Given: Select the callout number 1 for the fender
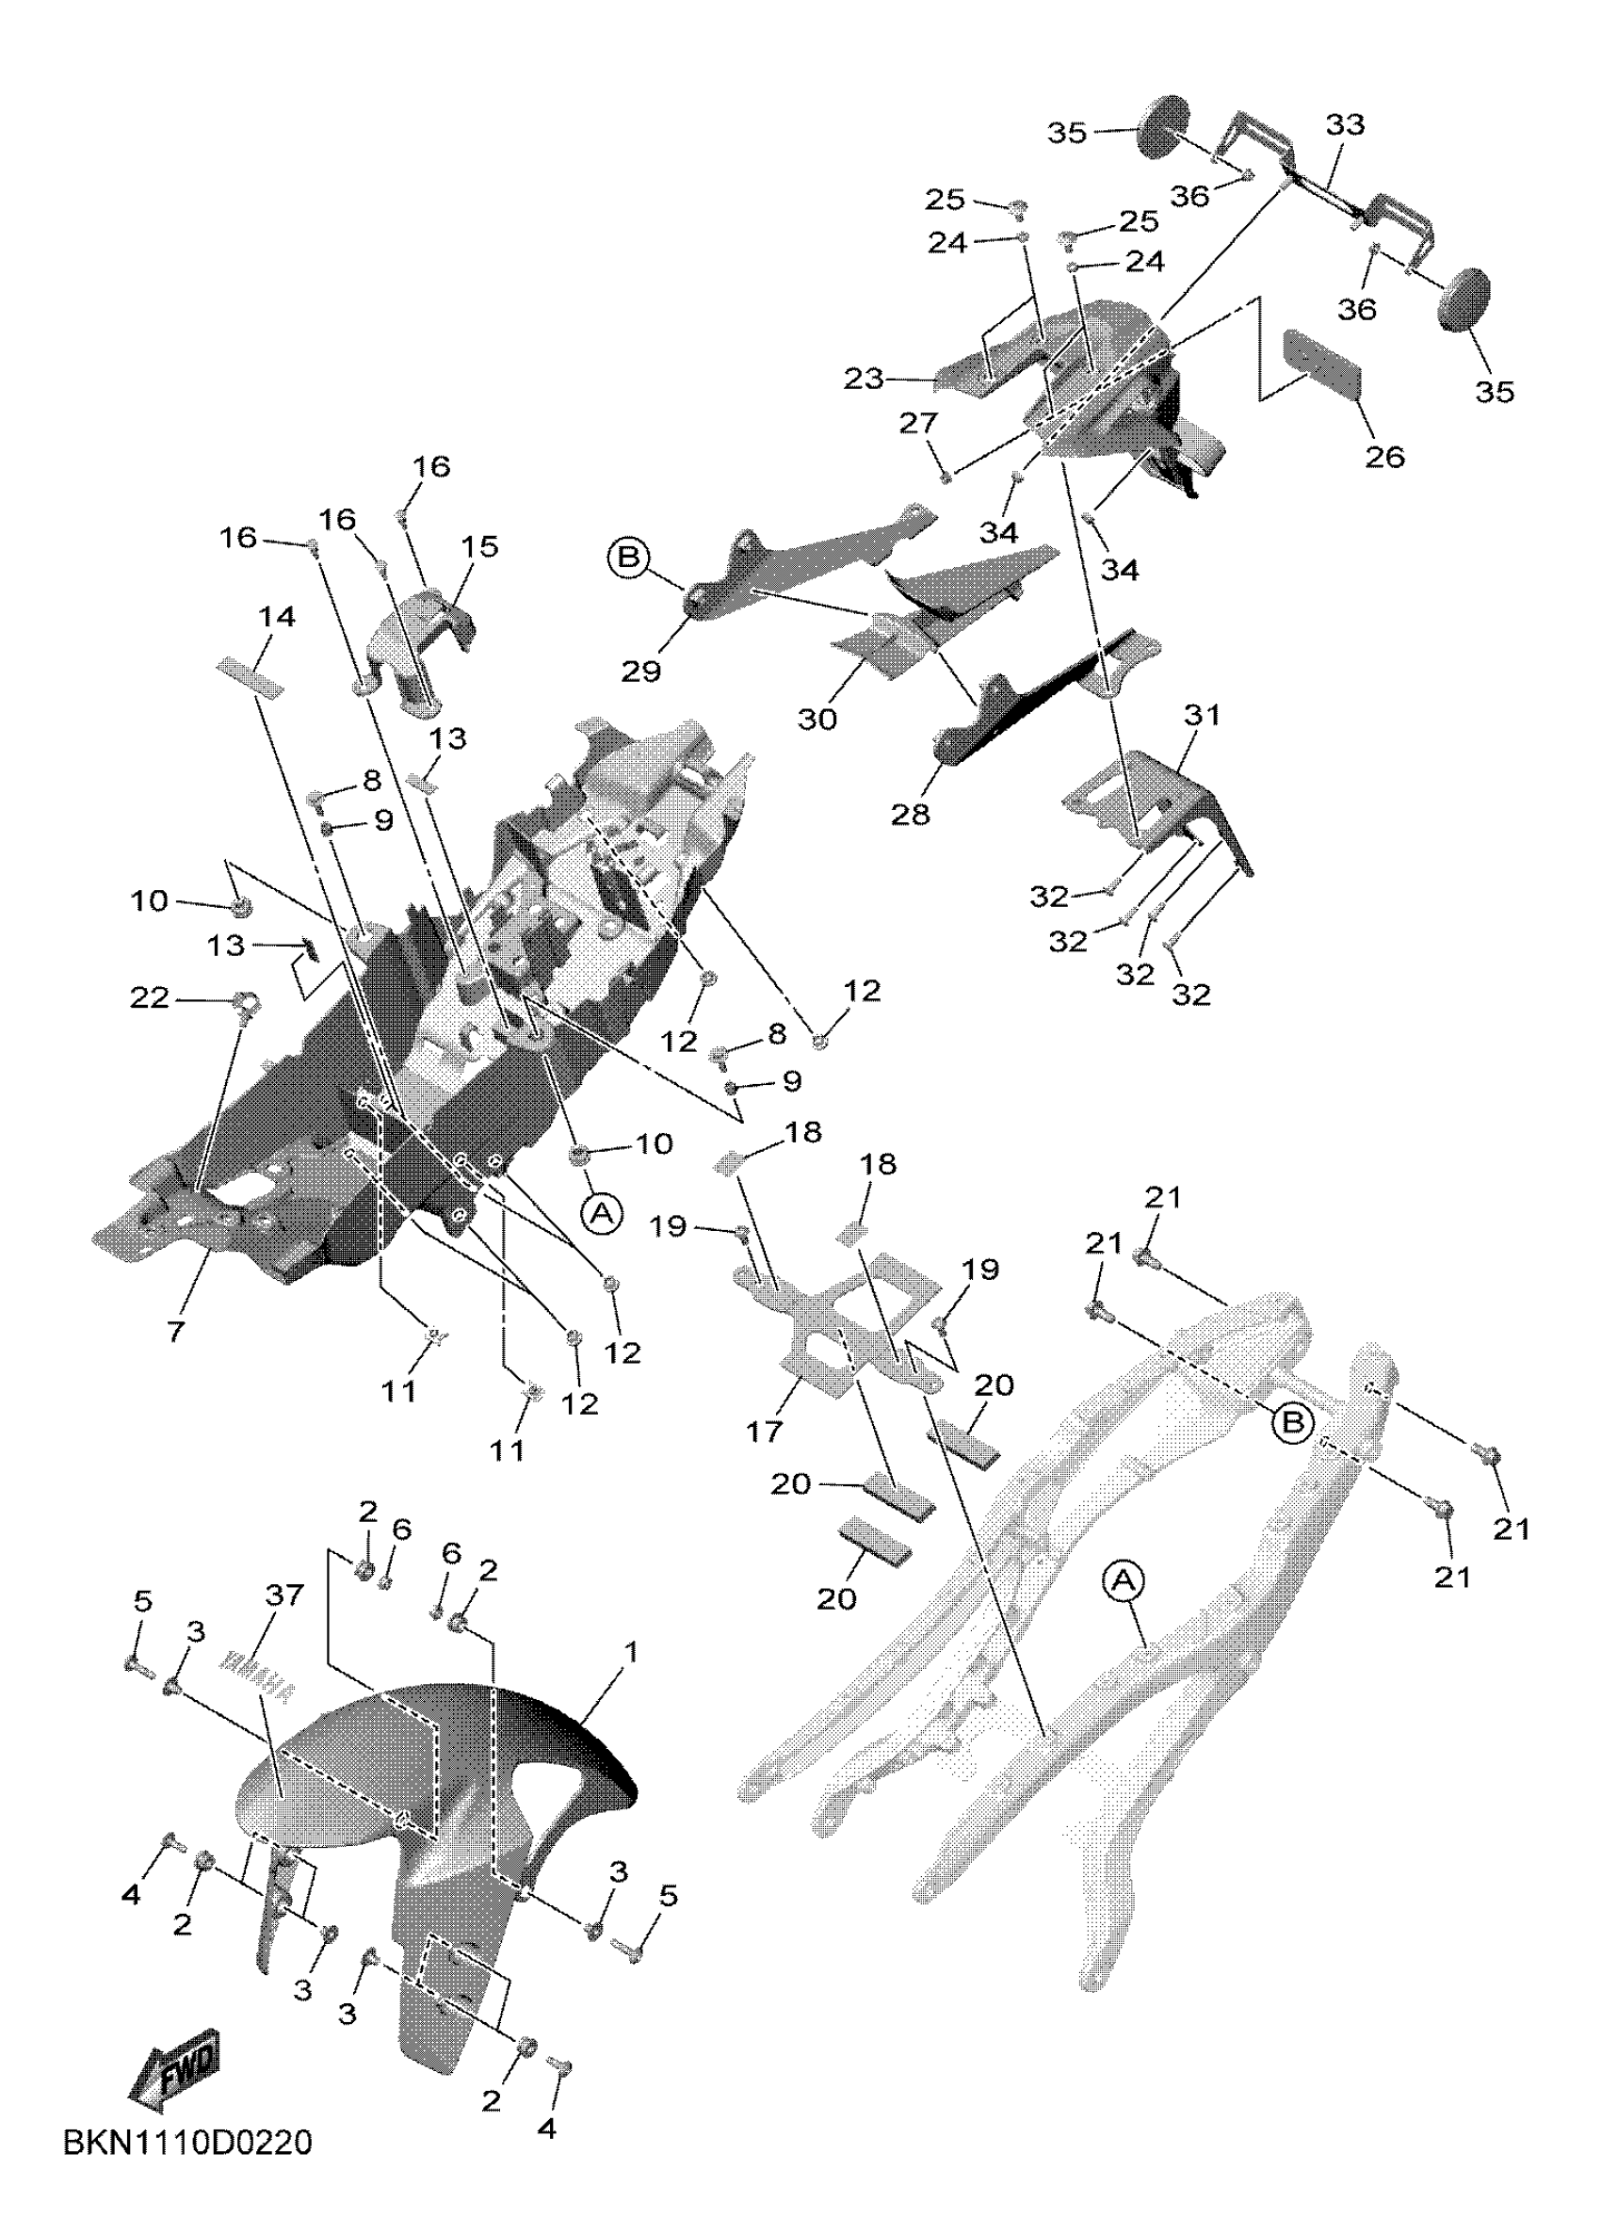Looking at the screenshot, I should pos(633,1653).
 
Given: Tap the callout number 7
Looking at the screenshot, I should pos(176,1332).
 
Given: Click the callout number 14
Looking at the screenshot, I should pos(278,617).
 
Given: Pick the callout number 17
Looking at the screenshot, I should pos(765,1431).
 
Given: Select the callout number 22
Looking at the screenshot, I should pos(151,998).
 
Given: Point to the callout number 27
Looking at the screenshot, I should pos(919,424).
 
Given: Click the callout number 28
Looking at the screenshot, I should pos(911,814).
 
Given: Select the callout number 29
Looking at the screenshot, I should pos(641,671).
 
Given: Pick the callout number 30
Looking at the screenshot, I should pos(817,719).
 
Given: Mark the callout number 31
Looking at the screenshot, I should pos(1203,716).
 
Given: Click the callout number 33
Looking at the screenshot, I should pos(1346,125).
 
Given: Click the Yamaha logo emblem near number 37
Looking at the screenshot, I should pos(256,1680).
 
